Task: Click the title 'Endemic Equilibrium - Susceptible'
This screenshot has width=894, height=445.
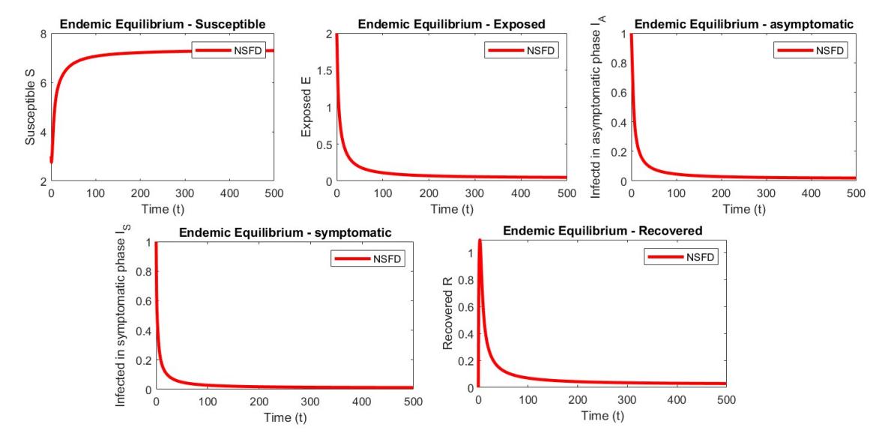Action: (x=166, y=24)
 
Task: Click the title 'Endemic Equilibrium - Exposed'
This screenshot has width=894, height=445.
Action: (x=452, y=24)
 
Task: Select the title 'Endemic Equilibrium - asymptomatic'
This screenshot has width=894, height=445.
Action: (x=743, y=25)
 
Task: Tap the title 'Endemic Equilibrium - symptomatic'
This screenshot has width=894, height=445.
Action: (x=285, y=232)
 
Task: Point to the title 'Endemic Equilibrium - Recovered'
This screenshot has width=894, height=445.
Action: (x=602, y=231)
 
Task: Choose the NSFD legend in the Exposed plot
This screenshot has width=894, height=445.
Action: (x=521, y=50)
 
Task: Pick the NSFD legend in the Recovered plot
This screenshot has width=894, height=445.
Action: (x=680, y=257)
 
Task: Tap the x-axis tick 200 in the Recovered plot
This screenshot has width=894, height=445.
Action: (x=578, y=400)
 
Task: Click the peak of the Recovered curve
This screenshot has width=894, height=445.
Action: (x=480, y=240)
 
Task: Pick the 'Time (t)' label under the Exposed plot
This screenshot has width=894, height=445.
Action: (x=452, y=209)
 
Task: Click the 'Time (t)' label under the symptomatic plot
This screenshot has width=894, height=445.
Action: (x=285, y=417)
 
